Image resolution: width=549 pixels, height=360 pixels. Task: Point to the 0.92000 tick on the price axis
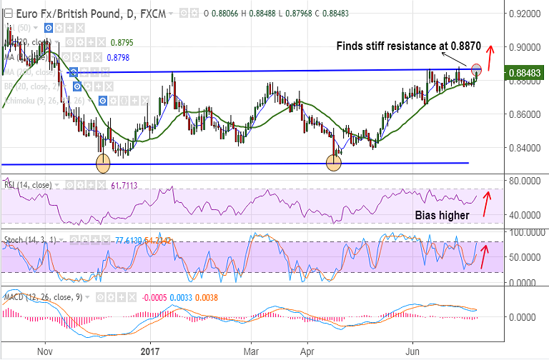525,14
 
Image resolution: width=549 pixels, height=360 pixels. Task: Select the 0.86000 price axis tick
525,114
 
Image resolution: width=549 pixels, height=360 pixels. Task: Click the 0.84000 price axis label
525,148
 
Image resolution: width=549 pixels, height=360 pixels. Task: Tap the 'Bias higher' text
442,215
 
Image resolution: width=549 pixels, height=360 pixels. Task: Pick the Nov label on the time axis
45,351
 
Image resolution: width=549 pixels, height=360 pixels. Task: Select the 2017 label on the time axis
149,351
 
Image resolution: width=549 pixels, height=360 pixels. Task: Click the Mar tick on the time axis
251,351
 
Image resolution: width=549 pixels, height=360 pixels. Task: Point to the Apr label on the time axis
307,351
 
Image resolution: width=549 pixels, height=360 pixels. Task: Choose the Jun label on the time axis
412,351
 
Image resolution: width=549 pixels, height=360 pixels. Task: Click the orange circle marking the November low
103,163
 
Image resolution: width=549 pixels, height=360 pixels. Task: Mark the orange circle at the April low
334,163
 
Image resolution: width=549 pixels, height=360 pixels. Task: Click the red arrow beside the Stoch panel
485,256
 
